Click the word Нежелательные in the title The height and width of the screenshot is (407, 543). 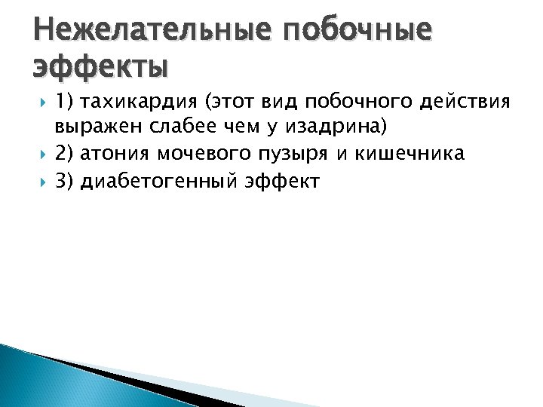pyautogui.click(x=148, y=31)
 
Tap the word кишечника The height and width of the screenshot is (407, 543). pyautogui.click(x=407, y=155)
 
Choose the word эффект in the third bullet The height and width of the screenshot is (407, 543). pyautogui.click(x=282, y=182)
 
